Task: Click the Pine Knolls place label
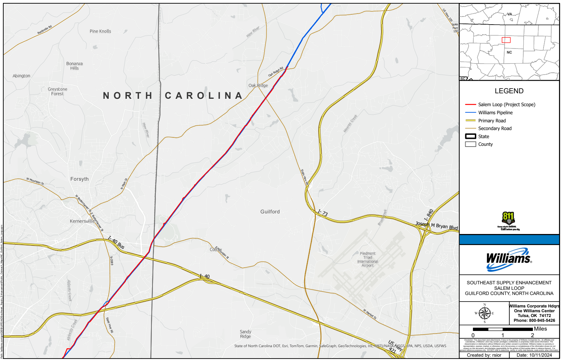[x=100, y=31]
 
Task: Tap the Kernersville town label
[x=82, y=221]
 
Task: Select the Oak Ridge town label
[x=258, y=86]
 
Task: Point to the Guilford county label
[x=270, y=212]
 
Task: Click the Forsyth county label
[x=79, y=179]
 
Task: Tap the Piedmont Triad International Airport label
[x=367, y=259]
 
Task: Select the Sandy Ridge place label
[x=245, y=334]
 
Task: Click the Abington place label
[x=21, y=76]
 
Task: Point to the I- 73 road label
[x=323, y=213]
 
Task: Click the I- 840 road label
[x=429, y=215]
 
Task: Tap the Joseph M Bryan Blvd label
[x=437, y=225]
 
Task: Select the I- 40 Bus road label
[x=116, y=243]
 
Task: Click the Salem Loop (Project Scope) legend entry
[x=506, y=105]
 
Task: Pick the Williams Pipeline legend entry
[x=495, y=113]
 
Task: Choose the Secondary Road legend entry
[x=495, y=129]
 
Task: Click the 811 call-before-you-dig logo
[x=509, y=221]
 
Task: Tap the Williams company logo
[x=509, y=259]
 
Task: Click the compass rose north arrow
[x=485, y=313]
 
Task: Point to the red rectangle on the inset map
[x=506, y=40]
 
